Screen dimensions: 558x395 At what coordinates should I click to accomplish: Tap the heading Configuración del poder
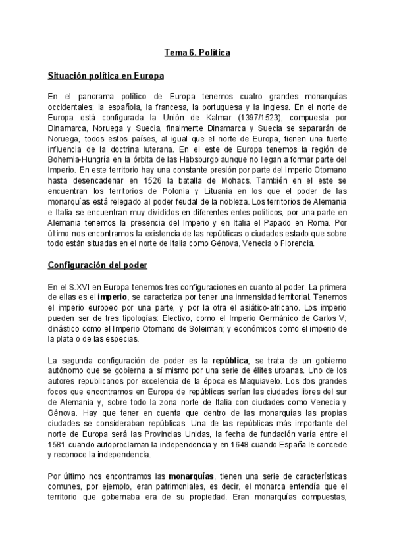coord(97,265)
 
